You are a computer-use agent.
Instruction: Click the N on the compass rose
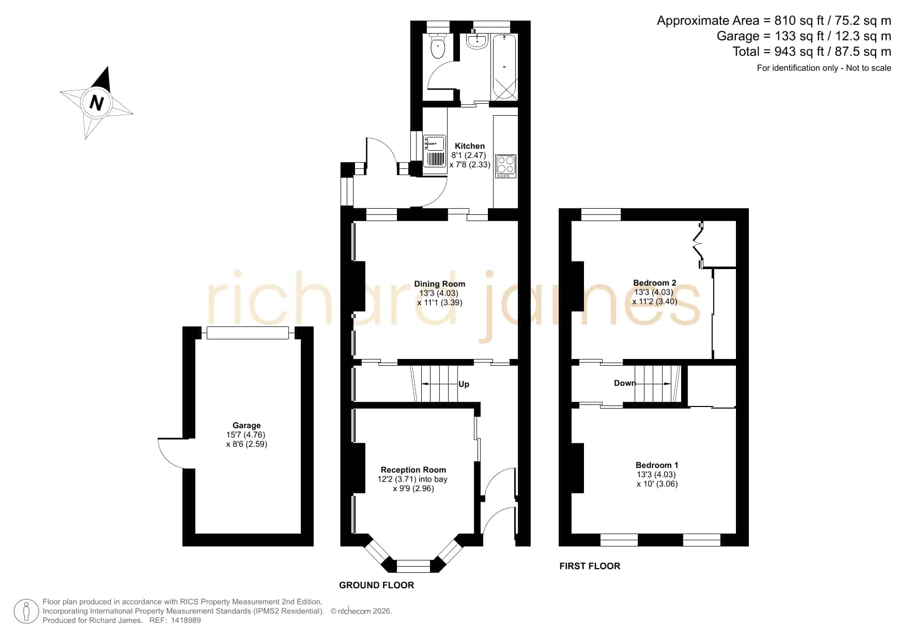click(96, 102)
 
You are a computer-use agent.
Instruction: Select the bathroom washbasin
click(476, 42)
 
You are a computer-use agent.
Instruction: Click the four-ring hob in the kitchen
click(505, 166)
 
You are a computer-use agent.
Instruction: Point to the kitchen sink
click(435, 151)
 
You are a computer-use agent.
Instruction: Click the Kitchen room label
click(470, 146)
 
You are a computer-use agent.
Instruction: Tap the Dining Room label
click(440, 284)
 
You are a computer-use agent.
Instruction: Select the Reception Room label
click(413, 470)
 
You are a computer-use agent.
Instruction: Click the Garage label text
click(247, 426)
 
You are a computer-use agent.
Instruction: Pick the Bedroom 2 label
click(655, 283)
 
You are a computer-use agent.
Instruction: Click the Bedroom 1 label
click(657, 465)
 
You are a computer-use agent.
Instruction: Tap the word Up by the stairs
click(464, 384)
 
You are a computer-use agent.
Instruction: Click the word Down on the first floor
click(625, 383)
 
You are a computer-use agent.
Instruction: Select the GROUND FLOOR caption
click(377, 585)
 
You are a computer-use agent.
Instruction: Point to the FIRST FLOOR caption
click(590, 566)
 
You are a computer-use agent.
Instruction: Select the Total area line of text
click(812, 52)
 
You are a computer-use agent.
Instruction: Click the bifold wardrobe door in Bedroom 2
click(699, 245)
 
